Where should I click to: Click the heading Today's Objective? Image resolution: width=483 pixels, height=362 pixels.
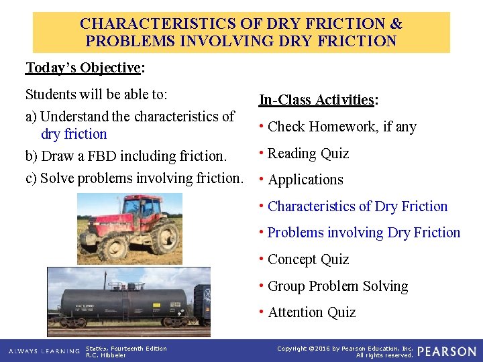coord(85,68)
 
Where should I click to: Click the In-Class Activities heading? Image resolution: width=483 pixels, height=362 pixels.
coord(319,100)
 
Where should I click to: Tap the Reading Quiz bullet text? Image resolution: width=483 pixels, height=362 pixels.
coord(308,154)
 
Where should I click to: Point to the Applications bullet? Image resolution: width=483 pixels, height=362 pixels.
coord(305,180)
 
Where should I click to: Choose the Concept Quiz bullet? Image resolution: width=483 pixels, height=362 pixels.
coord(308,259)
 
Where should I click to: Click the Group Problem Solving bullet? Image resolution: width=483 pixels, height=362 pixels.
coord(337,286)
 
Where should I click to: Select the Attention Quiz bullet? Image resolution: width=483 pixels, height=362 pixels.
coord(311,312)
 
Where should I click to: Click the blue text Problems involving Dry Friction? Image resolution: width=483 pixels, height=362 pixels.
coord(364,233)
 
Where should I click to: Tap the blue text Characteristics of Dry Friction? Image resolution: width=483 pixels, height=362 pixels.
coord(357,206)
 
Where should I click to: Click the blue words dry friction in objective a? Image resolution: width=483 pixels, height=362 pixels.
coord(74,134)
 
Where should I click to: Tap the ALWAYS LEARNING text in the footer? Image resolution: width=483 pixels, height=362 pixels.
coord(42,351)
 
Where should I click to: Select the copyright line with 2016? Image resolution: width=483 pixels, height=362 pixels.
coord(345,348)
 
